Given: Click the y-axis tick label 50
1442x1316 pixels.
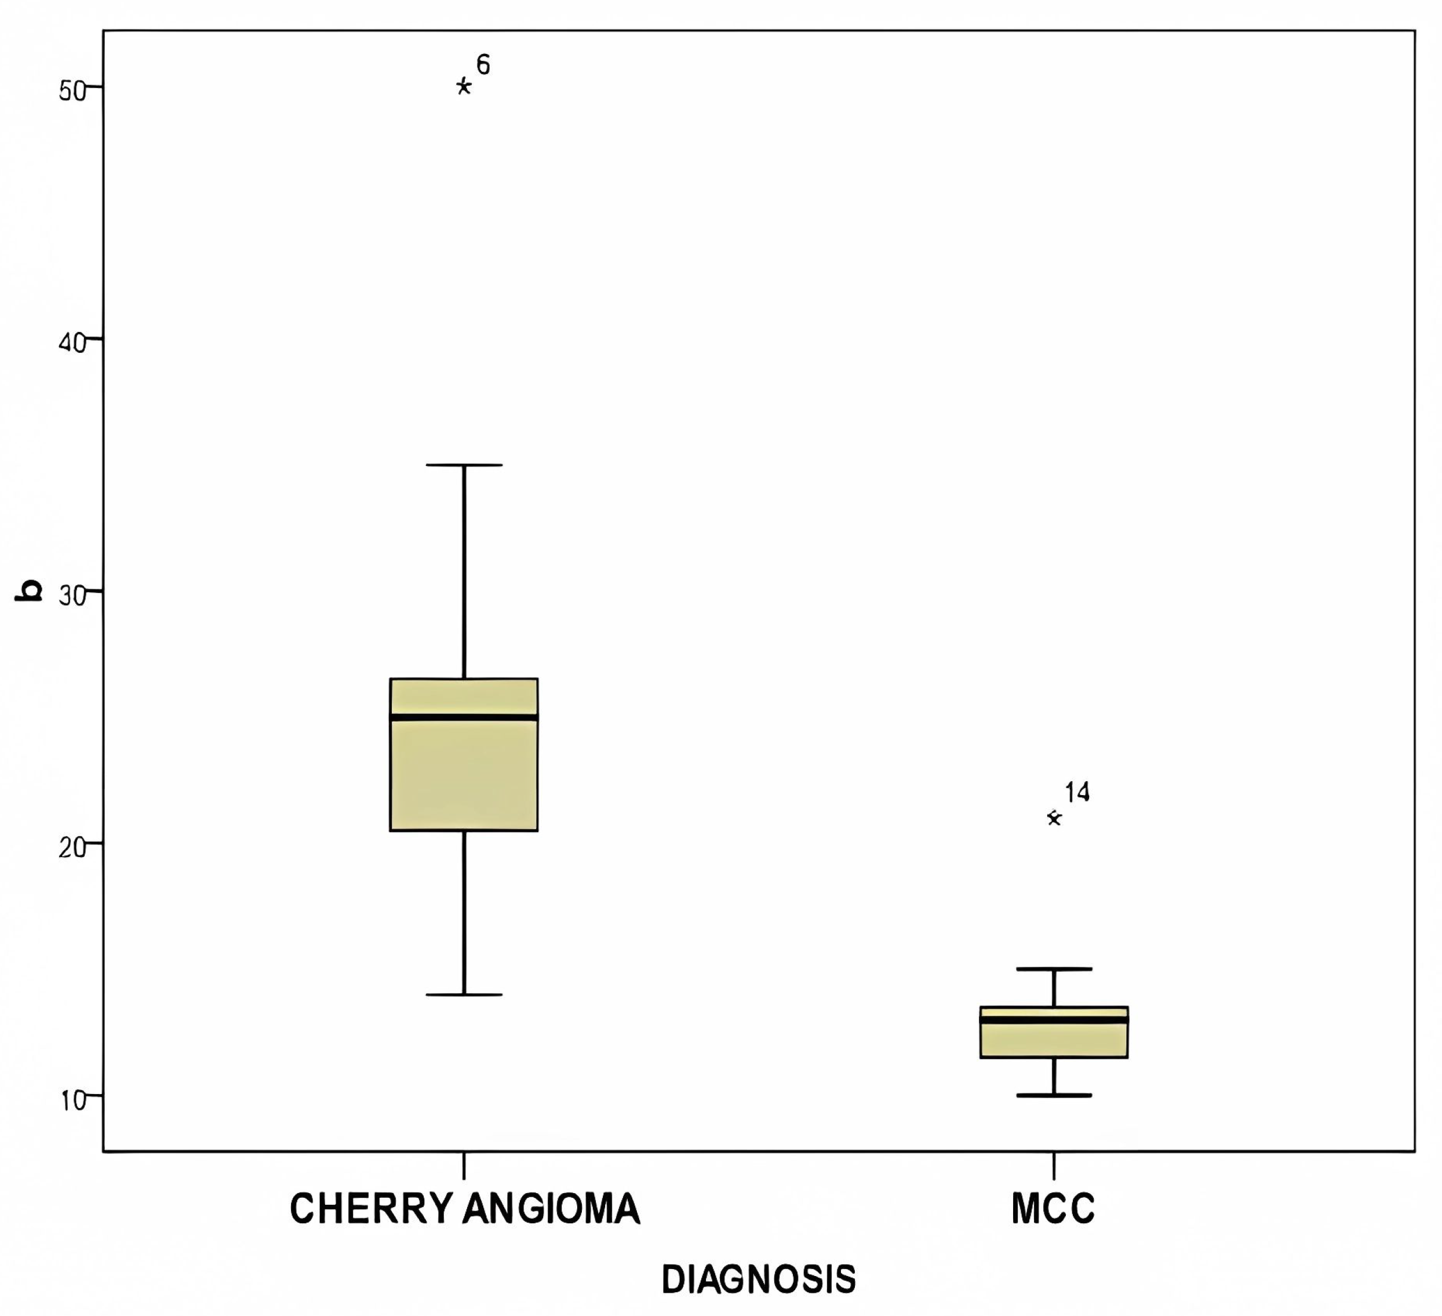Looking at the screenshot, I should pos(71,91).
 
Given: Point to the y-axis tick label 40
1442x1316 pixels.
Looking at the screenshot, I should pos(71,342).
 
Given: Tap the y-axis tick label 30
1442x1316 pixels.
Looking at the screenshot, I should pos(71,595).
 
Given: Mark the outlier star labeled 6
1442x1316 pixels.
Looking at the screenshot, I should pos(464,86).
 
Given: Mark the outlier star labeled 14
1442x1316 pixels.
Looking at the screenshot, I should pos(1054,818).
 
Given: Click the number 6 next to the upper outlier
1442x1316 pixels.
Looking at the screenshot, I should pos(483,65).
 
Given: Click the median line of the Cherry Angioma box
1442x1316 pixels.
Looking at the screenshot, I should pos(464,717).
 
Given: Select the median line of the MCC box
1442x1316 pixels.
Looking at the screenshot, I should pos(1054,1019).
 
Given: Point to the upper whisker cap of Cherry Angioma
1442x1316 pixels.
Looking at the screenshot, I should pos(464,465).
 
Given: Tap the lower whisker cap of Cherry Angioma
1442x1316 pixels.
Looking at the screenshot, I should pos(464,994).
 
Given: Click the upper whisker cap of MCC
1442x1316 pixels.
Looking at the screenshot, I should pos(1054,968).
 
